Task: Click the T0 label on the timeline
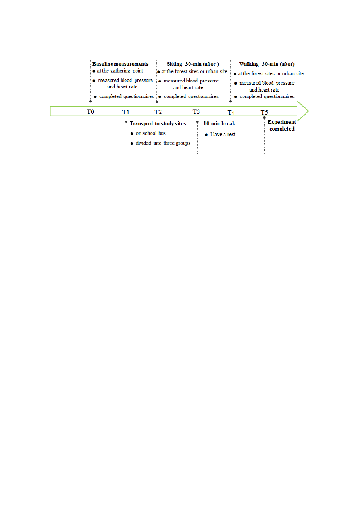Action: (x=90, y=111)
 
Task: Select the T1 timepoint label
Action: (x=126, y=112)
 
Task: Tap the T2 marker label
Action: (x=158, y=112)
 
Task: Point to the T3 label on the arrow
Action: (x=196, y=111)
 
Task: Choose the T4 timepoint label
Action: (x=231, y=112)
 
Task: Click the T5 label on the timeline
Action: (x=264, y=112)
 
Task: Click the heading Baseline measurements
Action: (x=121, y=64)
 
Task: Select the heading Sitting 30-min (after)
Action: (x=193, y=64)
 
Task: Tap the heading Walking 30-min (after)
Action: (x=267, y=64)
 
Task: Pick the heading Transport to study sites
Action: (x=158, y=123)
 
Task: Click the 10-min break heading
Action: (x=219, y=123)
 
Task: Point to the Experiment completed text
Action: (x=282, y=125)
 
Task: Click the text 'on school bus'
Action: (x=151, y=133)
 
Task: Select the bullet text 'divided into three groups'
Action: (x=163, y=143)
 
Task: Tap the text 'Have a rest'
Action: (x=223, y=134)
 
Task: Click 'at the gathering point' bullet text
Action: (x=120, y=71)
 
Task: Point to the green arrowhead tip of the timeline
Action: (x=309, y=111)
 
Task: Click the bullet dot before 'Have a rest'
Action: (x=206, y=135)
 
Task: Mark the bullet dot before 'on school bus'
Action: (x=132, y=134)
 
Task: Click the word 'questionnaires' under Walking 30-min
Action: (x=279, y=97)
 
